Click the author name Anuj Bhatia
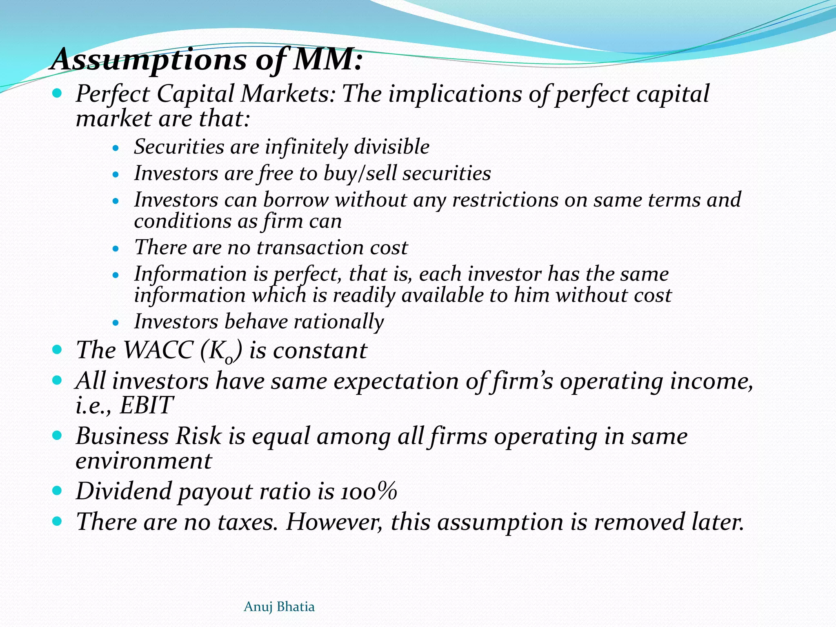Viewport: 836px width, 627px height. click(x=279, y=607)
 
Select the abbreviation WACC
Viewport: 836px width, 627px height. click(x=158, y=350)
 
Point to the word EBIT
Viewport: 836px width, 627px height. click(x=146, y=405)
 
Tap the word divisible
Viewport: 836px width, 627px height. click(x=391, y=147)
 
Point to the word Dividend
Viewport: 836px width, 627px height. click(x=124, y=491)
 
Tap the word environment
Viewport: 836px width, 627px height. click(x=144, y=461)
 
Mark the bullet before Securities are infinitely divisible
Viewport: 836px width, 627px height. click(x=116, y=148)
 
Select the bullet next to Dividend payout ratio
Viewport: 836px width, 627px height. click(x=57, y=490)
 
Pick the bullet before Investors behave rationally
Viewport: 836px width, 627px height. click(x=116, y=323)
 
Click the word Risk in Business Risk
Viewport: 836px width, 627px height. click(x=198, y=436)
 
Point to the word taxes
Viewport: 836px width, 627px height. click(x=247, y=522)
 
